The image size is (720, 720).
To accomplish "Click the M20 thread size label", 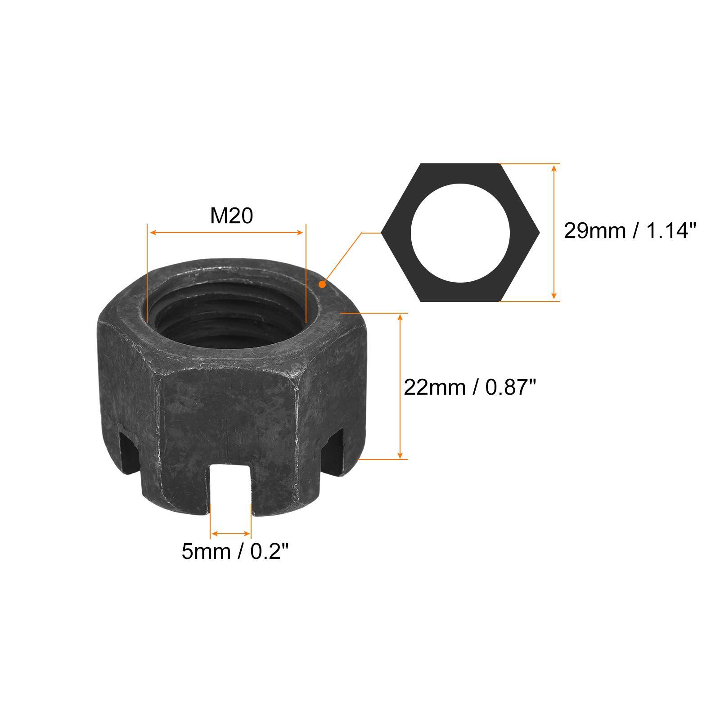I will tap(231, 216).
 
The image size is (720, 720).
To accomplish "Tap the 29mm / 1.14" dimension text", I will tap(630, 231).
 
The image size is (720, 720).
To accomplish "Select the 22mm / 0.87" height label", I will tap(470, 387).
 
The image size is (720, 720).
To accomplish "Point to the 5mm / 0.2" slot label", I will tap(234, 551).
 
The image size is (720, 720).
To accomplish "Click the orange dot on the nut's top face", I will tap(322, 284).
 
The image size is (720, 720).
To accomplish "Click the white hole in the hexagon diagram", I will tap(460, 233).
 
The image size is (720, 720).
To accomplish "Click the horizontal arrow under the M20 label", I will tap(227, 233).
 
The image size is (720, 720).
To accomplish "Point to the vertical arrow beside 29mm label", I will tap(554, 232).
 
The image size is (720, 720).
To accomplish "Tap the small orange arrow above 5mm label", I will tap(230, 534).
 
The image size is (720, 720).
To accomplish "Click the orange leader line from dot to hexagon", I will tap(344, 256).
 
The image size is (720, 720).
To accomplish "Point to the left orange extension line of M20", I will tap(147, 270).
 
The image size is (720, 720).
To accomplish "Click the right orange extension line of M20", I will tap(306, 270).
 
